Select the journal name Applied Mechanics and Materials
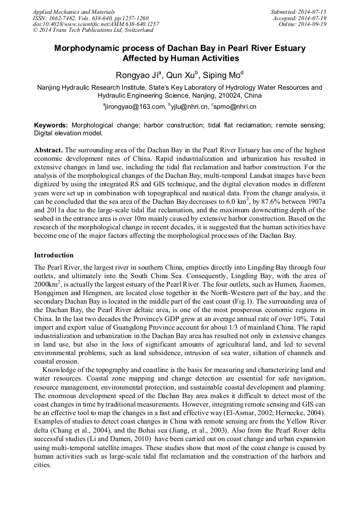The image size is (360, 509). click(74, 12)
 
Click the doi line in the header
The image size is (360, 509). click(96, 24)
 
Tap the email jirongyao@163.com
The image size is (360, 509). click(133, 107)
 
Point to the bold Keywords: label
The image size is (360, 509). click(51, 125)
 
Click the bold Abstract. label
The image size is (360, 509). click(48, 151)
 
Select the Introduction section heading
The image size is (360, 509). click(54, 255)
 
